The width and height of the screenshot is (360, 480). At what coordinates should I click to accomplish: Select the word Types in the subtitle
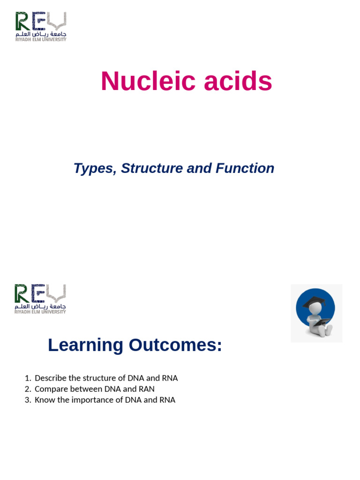93,168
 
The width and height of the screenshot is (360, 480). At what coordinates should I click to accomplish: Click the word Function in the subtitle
245,168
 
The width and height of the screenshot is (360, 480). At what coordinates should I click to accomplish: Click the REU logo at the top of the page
41,26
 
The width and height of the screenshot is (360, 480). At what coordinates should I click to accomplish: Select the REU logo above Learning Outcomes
40,299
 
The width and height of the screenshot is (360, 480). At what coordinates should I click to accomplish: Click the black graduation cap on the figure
314,301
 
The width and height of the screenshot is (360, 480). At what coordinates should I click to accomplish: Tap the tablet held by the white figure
321,322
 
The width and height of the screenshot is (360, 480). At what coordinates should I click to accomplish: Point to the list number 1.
27,378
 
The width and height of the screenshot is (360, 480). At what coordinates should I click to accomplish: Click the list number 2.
27,389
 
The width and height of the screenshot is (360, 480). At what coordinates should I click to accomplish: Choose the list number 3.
27,400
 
